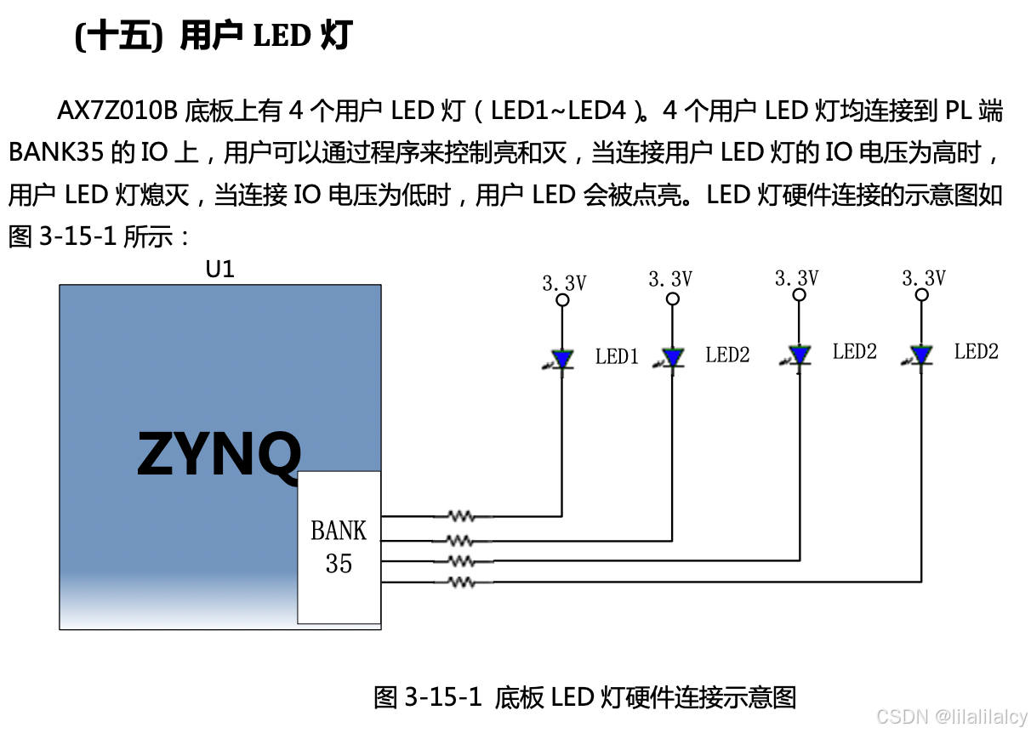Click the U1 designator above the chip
point(219,270)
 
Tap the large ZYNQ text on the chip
point(219,455)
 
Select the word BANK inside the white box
point(339,531)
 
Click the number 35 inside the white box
point(339,563)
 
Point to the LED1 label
point(617,357)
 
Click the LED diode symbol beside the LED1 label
point(561,359)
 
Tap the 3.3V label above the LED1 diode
point(564,283)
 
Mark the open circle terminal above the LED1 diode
point(562,300)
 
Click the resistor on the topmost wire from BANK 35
point(461,515)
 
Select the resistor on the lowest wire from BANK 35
point(461,582)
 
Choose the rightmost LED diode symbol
point(920,355)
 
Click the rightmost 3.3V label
point(923,278)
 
